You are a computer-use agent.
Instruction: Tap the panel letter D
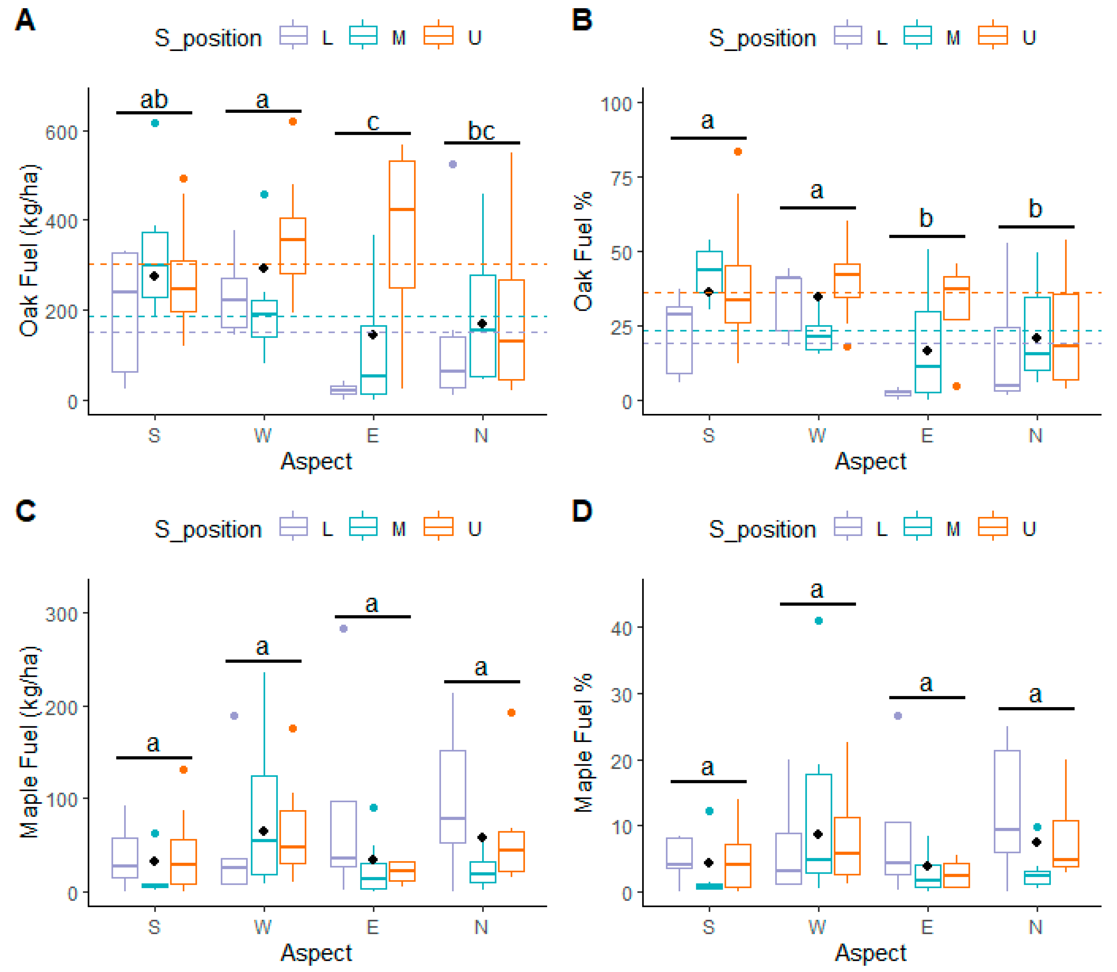pos(582,511)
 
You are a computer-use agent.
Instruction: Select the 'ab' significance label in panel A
pos(154,100)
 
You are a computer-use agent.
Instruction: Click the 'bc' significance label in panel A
pos(481,131)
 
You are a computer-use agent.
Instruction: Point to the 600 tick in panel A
pos(61,132)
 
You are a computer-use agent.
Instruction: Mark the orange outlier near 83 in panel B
pos(738,152)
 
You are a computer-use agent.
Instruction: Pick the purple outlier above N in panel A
pos(453,164)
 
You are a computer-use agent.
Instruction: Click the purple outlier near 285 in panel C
pos(343,629)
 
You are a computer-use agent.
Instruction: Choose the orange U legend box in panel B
pos(993,36)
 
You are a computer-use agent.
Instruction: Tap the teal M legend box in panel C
pos(363,527)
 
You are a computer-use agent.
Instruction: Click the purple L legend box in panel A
pos(294,36)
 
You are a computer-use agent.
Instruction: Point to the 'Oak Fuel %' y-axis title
pos(584,251)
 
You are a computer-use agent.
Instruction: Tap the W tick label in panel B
pos(818,436)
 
